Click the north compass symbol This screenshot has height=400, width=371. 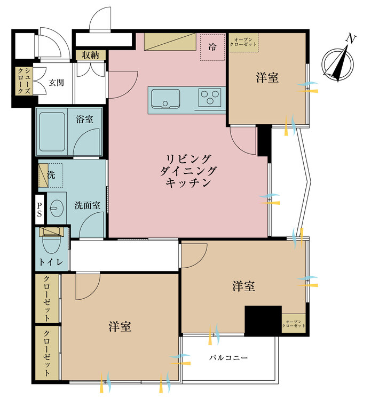338,62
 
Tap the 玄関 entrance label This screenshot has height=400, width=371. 57,83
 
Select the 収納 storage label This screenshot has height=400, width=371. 90,55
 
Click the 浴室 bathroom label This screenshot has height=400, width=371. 85,119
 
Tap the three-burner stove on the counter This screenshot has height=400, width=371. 210,97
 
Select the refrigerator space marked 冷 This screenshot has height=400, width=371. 212,47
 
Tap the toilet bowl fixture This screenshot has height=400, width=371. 51,242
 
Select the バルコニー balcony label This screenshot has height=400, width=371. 228,358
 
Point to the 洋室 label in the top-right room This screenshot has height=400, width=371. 267,78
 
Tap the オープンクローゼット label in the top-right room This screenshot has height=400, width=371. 243,42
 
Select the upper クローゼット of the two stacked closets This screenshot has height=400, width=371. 48,298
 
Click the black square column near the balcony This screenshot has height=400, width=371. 263,321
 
